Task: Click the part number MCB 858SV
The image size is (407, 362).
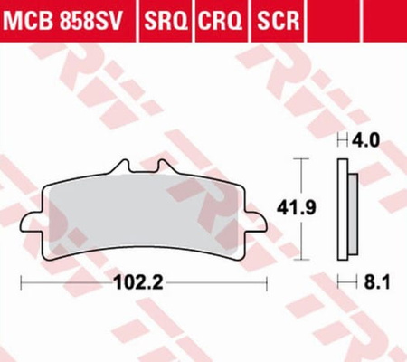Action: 63,20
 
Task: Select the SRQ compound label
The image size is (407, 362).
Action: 166,20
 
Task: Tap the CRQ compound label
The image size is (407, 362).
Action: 220,20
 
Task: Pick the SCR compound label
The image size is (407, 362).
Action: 278,20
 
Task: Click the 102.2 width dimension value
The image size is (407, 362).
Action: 138,282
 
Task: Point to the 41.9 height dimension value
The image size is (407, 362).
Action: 297,208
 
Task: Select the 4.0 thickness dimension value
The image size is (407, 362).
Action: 366,140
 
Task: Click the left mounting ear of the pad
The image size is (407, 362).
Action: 32,224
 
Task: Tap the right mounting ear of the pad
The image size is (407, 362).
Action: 256,224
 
